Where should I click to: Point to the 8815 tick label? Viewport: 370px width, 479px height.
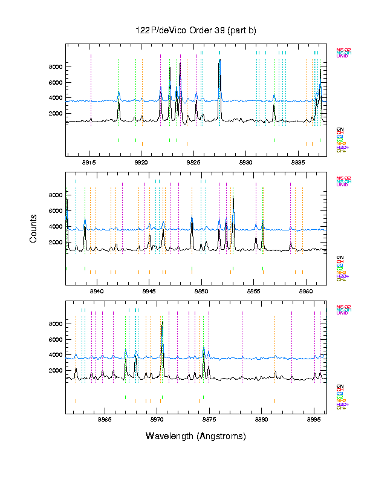(x=89, y=163)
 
